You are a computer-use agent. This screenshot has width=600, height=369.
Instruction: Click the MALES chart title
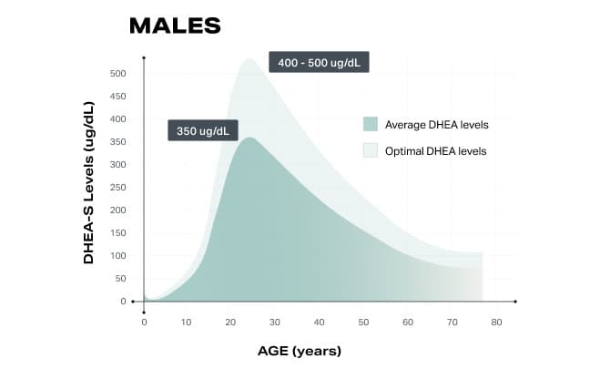(x=175, y=26)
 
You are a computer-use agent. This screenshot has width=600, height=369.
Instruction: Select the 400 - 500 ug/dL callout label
(x=320, y=63)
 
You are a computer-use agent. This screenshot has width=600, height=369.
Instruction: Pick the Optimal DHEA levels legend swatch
(x=371, y=150)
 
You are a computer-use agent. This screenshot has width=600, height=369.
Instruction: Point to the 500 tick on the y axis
(x=118, y=74)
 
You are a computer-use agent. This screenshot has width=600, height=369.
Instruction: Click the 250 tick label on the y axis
(x=118, y=188)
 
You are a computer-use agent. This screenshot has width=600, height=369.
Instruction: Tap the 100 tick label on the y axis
(x=118, y=256)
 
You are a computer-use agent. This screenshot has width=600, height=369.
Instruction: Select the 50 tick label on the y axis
(x=121, y=279)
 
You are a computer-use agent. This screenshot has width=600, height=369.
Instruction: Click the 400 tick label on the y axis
(x=118, y=119)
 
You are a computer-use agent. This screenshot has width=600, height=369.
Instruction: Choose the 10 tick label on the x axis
(x=186, y=322)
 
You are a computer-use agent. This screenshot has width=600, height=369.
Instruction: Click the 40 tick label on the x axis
(x=319, y=322)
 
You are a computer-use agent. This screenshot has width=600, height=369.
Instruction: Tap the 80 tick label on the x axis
(x=496, y=322)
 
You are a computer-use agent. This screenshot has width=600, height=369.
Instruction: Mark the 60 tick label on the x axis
(x=408, y=322)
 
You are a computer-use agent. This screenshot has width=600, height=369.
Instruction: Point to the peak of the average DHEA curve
(x=249, y=138)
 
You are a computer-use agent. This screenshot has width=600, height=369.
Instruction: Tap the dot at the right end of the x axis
(x=515, y=302)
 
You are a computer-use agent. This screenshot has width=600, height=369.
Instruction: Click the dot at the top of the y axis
(x=144, y=58)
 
